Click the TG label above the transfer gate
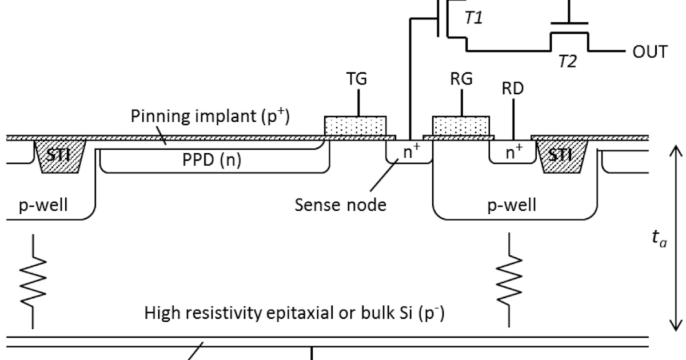[358, 80]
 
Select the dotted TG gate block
[356, 125]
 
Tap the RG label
[461, 80]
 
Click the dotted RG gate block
[461, 125]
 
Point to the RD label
[513, 89]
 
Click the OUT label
[649, 52]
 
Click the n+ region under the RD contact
[512, 151]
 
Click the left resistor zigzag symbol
[33, 280]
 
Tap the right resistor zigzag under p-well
[508, 280]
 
